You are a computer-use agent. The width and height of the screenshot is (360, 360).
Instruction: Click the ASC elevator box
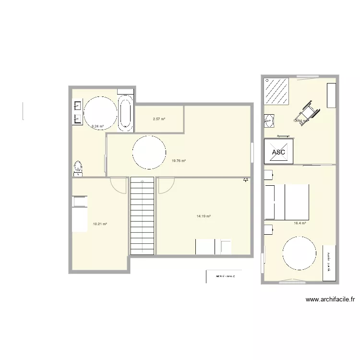[278, 152]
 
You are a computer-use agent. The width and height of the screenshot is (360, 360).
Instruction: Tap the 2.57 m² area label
[159, 119]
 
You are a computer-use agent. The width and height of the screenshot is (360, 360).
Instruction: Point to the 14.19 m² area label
[204, 216]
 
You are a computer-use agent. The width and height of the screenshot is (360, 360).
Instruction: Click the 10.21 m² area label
[100, 224]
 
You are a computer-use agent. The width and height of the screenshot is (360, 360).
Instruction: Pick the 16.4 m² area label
[300, 223]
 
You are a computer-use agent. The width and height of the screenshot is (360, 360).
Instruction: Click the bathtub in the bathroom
[125, 114]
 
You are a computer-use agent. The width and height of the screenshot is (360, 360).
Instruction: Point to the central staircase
[142, 215]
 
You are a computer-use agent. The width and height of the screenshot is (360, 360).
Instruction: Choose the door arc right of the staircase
[166, 185]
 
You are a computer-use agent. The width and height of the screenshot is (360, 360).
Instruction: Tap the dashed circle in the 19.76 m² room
[149, 152]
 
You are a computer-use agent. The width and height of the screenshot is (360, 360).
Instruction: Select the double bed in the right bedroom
[287, 202]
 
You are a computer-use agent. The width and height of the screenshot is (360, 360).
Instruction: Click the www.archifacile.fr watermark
[331, 300]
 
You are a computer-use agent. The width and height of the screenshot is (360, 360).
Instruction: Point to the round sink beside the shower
[269, 121]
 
